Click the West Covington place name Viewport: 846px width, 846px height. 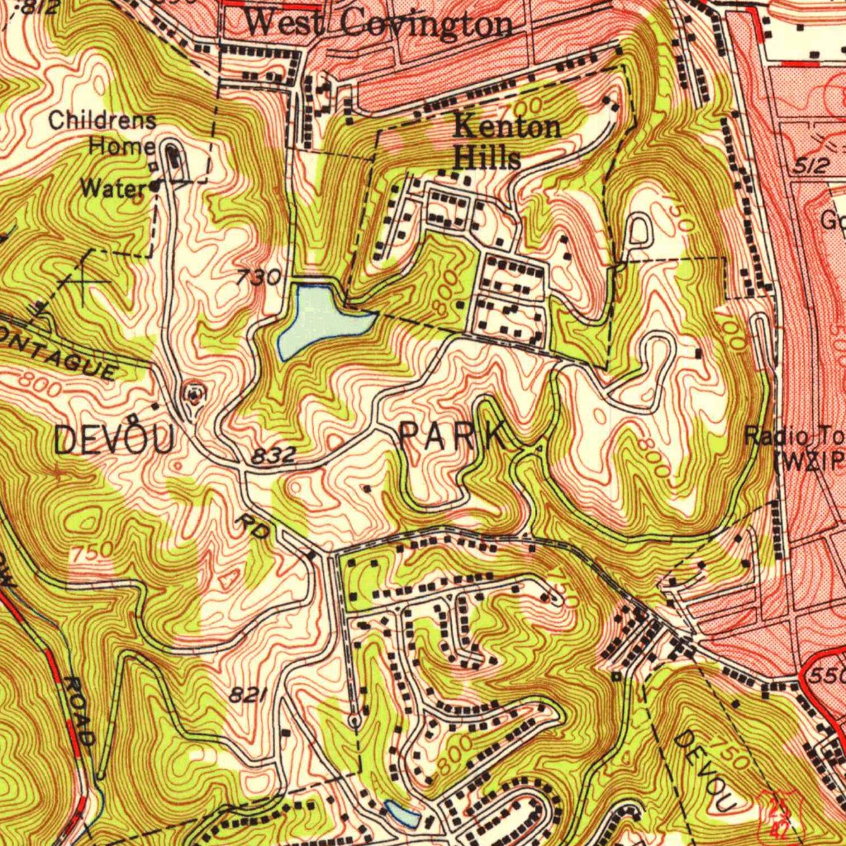point(378,23)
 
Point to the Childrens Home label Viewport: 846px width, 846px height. point(102,132)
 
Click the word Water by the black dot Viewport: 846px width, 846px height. point(113,188)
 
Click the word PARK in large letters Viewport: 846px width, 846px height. point(453,437)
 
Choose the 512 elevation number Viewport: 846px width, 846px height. point(809,166)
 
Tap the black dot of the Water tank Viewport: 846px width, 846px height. point(154,187)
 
